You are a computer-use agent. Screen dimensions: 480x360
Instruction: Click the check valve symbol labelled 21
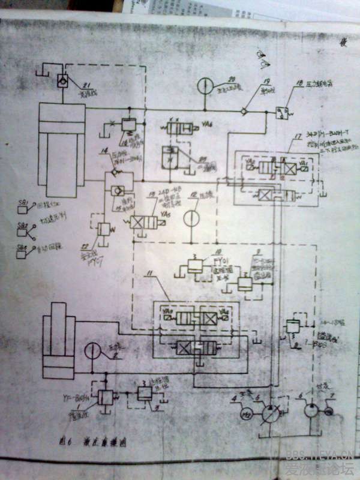(62, 80)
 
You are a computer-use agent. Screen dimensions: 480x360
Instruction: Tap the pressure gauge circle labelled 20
(206, 86)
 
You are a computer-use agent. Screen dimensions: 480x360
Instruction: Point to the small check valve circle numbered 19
(244, 111)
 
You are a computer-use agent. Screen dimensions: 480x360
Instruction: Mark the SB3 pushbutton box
(22, 253)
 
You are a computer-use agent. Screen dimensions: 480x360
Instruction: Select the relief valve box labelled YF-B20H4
(105, 397)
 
